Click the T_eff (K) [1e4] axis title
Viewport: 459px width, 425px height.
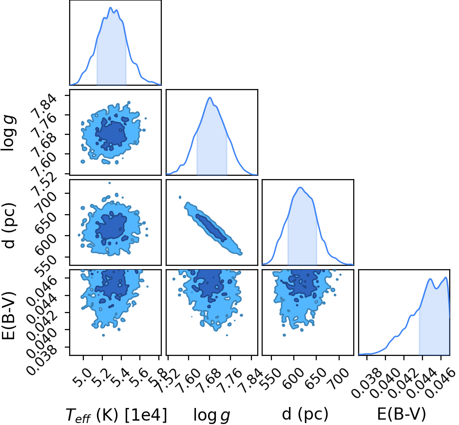116,415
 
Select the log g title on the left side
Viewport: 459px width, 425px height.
8,133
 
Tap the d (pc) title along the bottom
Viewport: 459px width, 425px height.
305,415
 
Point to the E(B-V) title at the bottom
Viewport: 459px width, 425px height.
402,415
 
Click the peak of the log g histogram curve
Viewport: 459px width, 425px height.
210,97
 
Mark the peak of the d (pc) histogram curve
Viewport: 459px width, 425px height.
300,187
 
